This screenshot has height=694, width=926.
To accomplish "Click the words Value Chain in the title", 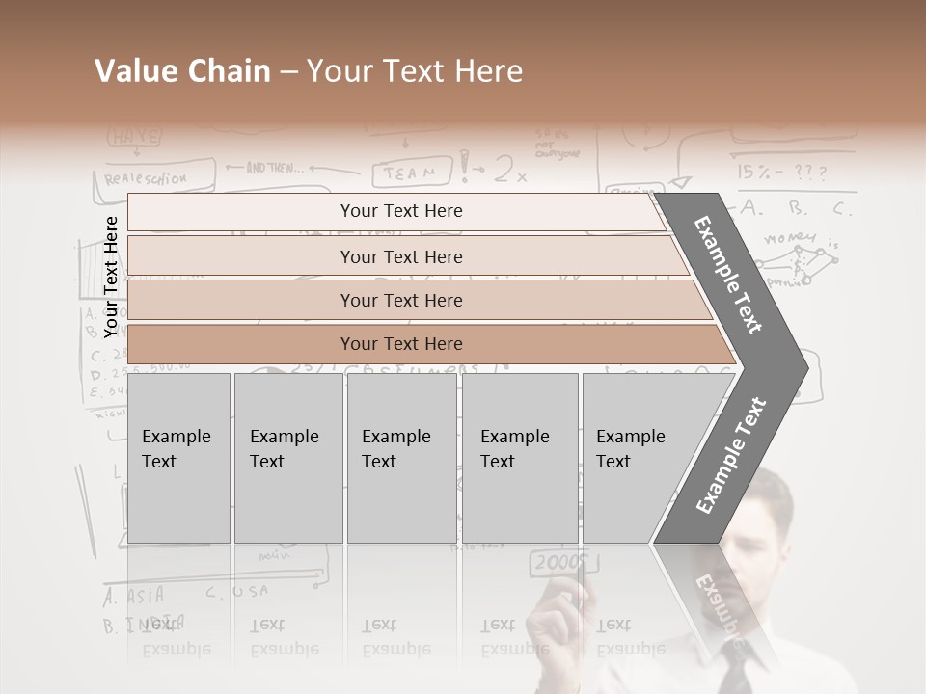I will tap(182, 71).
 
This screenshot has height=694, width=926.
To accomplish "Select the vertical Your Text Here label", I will tap(111, 277).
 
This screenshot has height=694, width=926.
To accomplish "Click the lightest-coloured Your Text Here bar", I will tap(400, 211).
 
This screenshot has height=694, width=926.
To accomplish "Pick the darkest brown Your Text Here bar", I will tap(400, 344).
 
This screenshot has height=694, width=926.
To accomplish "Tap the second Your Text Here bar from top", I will tap(400, 256).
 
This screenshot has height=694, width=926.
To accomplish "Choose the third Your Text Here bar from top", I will tap(400, 300).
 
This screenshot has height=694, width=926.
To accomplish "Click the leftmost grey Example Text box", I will tap(178, 458).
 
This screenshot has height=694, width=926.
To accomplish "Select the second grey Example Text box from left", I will tap(287, 458).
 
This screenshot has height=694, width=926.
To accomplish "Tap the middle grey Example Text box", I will tap(401, 458).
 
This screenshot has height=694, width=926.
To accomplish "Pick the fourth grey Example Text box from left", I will tap(519, 458).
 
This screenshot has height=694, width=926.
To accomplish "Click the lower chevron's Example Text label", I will tap(731, 455).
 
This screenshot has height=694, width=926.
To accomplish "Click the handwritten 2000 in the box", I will tap(558, 562).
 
